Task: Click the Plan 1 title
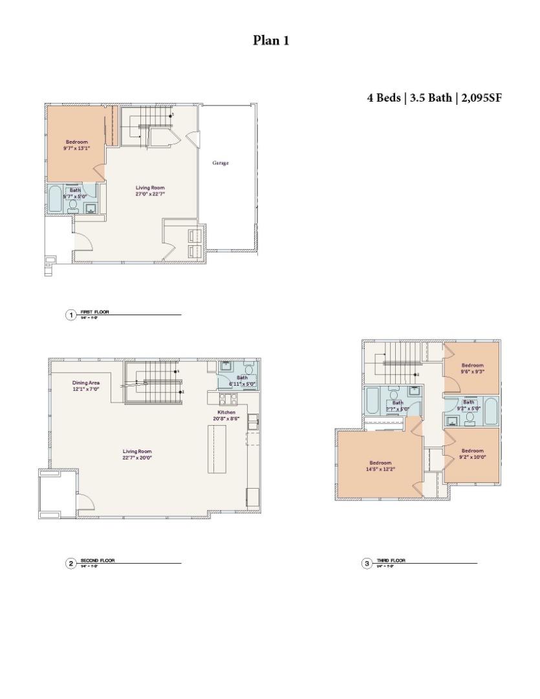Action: point(270,41)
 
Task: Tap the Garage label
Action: point(221,163)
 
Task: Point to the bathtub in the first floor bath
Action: point(54,199)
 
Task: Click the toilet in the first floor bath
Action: point(73,205)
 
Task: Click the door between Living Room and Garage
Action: point(191,139)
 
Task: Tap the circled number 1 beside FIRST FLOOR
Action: point(70,315)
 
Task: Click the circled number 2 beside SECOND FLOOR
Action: point(70,563)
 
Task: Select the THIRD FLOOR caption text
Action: point(391,560)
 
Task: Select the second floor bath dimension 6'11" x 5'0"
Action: point(242,384)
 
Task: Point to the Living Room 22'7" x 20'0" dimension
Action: point(137,458)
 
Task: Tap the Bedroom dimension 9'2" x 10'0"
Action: point(472,457)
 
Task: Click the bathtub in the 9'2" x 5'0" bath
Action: point(491,412)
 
